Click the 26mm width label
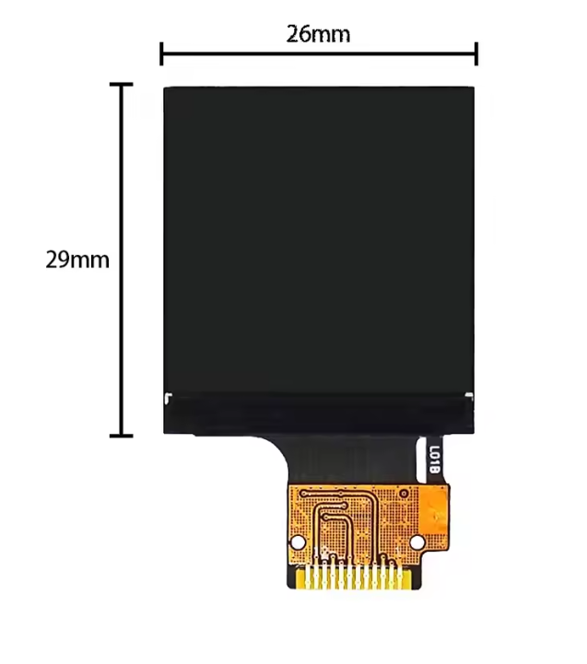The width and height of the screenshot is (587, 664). pos(318,34)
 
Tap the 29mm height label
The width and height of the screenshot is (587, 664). pos(77,260)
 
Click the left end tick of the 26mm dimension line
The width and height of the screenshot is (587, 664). pos(161,53)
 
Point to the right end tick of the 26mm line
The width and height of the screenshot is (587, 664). pos(476,53)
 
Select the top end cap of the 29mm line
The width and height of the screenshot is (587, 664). pos(122,85)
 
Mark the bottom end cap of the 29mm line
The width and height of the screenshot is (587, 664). pos(122,436)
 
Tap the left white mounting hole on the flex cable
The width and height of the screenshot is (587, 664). pos(298,542)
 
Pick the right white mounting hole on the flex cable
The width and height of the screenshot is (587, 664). pos(417,542)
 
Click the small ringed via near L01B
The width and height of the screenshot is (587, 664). pos(404,494)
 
